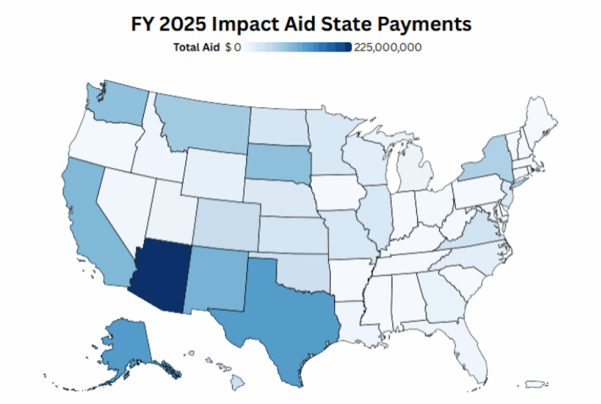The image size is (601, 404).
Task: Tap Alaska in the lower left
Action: [126, 343]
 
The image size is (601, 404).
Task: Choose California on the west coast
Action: [91, 226]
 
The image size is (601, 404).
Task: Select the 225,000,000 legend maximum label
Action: [388, 47]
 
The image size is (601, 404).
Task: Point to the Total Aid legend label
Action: [197, 47]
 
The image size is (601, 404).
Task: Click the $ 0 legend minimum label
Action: [233, 47]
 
